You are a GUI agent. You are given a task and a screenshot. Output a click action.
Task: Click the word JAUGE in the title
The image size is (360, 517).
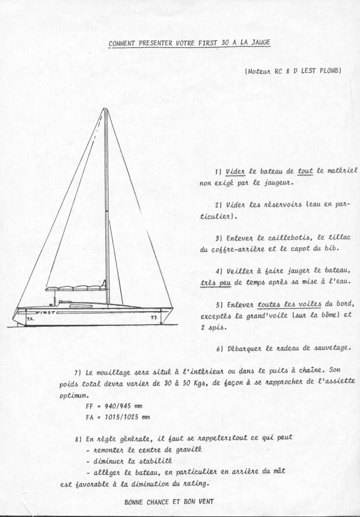pos(259,42)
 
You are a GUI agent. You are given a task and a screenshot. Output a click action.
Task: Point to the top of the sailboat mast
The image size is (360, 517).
pos(104,109)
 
